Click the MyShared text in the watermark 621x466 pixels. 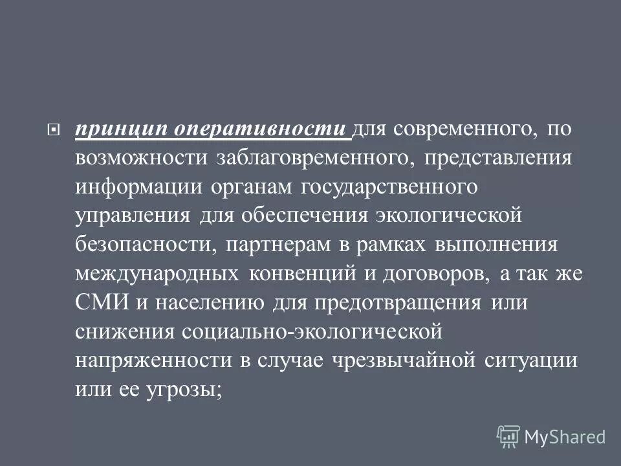(x=565, y=436)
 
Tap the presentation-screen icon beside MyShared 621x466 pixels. (x=508, y=436)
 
